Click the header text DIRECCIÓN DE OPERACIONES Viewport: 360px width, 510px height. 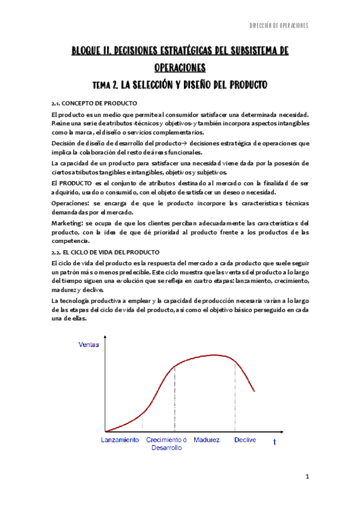click(x=279, y=26)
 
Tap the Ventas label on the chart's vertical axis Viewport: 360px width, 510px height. click(x=88, y=345)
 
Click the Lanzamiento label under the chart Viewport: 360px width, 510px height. click(x=121, y=440)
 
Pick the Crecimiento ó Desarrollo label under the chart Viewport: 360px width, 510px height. click(x=166, y=444)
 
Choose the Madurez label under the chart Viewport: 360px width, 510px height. click(x=207, y=440)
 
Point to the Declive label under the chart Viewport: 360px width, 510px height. click(x=245, y=440)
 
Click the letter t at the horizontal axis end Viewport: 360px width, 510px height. click(x=275, y=442)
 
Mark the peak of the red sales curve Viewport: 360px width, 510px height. click(x=213, y=355)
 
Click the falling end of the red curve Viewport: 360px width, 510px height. click(x=254, y=391)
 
